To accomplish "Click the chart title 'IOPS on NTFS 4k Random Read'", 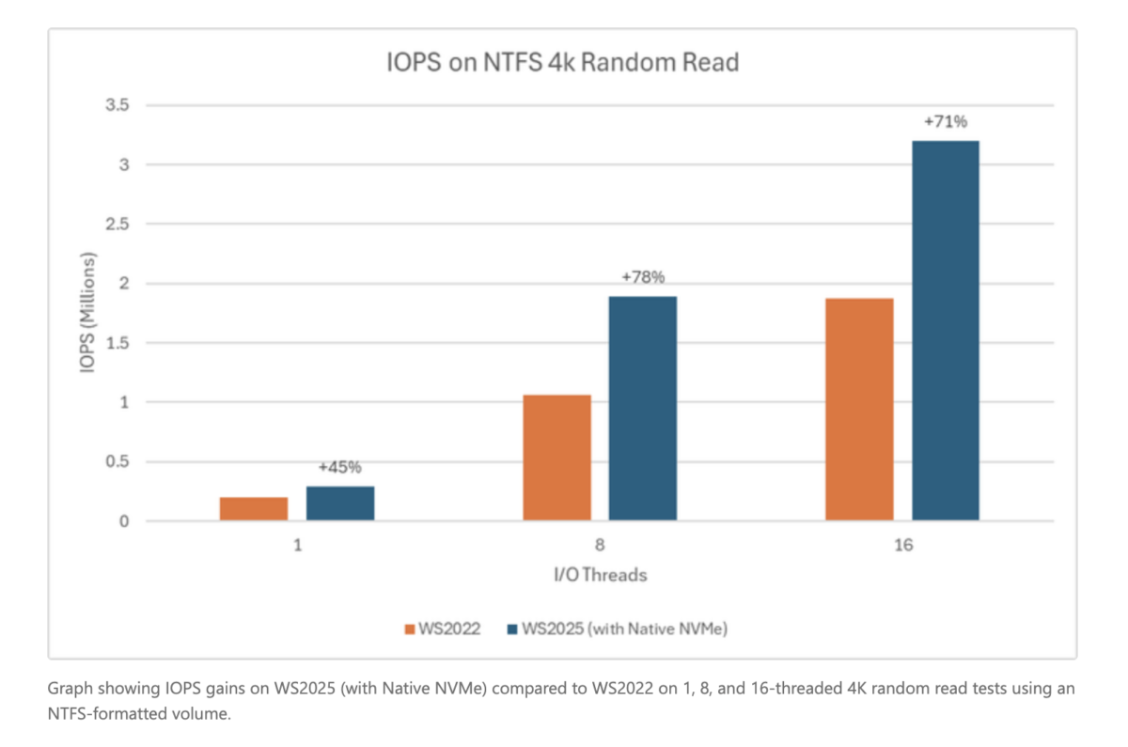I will [563, 63].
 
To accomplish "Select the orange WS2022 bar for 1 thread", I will [254, 508].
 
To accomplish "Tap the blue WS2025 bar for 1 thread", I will [340, 503].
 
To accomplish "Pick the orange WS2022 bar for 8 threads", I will [556, 458].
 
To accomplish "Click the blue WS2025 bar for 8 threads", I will [643, 409].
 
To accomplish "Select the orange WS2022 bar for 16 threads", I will [859, 410].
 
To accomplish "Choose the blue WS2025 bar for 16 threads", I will [946, 331].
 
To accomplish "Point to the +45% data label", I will [340, 467].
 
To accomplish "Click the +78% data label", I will [643, 277].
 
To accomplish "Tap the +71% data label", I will [946, 121].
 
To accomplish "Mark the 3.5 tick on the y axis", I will [117, 105].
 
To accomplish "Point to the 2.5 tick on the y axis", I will [117, 224].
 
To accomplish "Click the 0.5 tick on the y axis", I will [117, 461].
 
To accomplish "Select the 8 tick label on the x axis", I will [600, 545].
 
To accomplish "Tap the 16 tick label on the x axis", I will [902, 545].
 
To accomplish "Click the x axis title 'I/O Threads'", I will [600, 575].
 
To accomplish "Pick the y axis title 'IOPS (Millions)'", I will [91, 313].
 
